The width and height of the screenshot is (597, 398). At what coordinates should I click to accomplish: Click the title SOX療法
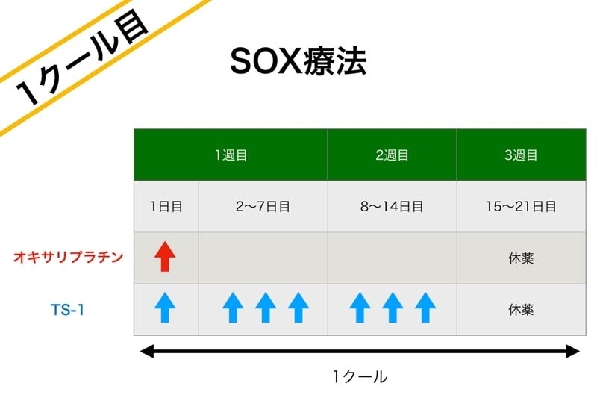pos(298,61)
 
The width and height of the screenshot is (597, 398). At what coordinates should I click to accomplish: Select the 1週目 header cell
pos(231,155)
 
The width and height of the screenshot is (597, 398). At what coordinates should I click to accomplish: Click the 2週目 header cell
pos(393,155)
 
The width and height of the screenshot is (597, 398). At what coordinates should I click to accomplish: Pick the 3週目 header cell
pos(521,155)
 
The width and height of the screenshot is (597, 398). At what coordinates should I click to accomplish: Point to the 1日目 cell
pos(166,206)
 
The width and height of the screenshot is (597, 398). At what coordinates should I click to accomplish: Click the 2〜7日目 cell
pos(263,206)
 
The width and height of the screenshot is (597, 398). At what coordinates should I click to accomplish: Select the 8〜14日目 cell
pos(393,206)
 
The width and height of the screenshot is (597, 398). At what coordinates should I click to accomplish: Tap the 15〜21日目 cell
pos(521,206)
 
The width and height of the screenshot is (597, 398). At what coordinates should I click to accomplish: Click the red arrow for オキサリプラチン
pos(165,256)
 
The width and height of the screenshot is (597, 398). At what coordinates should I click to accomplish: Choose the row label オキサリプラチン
pos(69,257)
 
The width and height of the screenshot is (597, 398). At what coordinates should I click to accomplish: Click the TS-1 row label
pos(67,310)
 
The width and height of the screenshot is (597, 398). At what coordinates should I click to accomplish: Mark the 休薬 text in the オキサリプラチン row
pos(521,258)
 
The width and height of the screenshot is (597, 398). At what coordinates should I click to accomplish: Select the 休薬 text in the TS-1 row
pos(521,310)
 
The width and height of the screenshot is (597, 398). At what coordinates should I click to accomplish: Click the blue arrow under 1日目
pos(165,308)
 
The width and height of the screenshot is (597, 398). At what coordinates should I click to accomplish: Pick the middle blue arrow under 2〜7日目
pos(266,308)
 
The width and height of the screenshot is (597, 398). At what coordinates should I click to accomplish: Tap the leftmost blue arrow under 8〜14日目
pos(360,308)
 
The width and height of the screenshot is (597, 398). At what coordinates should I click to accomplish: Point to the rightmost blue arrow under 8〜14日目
pos(425,308)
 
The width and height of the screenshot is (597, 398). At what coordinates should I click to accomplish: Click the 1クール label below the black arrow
pos(360,376)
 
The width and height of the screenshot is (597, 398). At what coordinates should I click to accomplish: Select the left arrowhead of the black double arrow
pos(147,351)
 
